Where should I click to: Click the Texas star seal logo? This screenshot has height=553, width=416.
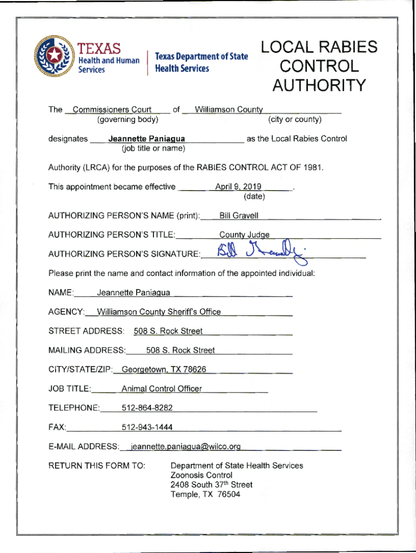[54, 56]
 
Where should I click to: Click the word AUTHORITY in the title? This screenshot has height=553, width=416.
[319, 86]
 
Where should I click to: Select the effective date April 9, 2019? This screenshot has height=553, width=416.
[238, 187]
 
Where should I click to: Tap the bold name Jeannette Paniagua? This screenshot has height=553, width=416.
[146, 139]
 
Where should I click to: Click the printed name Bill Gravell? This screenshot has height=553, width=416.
[239, 216]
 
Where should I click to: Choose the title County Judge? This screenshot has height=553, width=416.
[244, 235]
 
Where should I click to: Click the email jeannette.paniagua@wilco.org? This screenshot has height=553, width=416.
[182, 447]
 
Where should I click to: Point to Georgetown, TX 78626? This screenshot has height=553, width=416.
[164, 369]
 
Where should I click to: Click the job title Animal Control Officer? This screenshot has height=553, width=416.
[162, 389]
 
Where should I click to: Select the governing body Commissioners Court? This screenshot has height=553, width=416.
[112, 110]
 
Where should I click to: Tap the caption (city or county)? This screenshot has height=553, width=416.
[294, 119]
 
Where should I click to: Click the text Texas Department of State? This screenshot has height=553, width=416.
[202, 57]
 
